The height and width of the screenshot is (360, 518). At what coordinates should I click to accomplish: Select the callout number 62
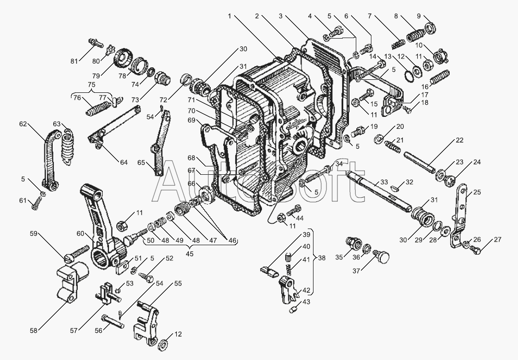[x=23, y=124]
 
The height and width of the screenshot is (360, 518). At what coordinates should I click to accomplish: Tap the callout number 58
[x=34, y=330]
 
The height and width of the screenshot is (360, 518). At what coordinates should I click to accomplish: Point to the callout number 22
[x=460, y=140]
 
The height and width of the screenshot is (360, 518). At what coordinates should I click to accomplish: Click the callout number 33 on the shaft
[x=384, y=182]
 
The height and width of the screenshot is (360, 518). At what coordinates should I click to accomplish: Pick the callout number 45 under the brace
[x=189, y=254]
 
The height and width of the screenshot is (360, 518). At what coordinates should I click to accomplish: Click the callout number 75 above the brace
[x=92, y=84]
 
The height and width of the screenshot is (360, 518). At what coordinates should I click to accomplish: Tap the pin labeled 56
[x=113, y=321]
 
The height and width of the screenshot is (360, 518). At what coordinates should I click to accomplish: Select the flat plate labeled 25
[x=459, y=218]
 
